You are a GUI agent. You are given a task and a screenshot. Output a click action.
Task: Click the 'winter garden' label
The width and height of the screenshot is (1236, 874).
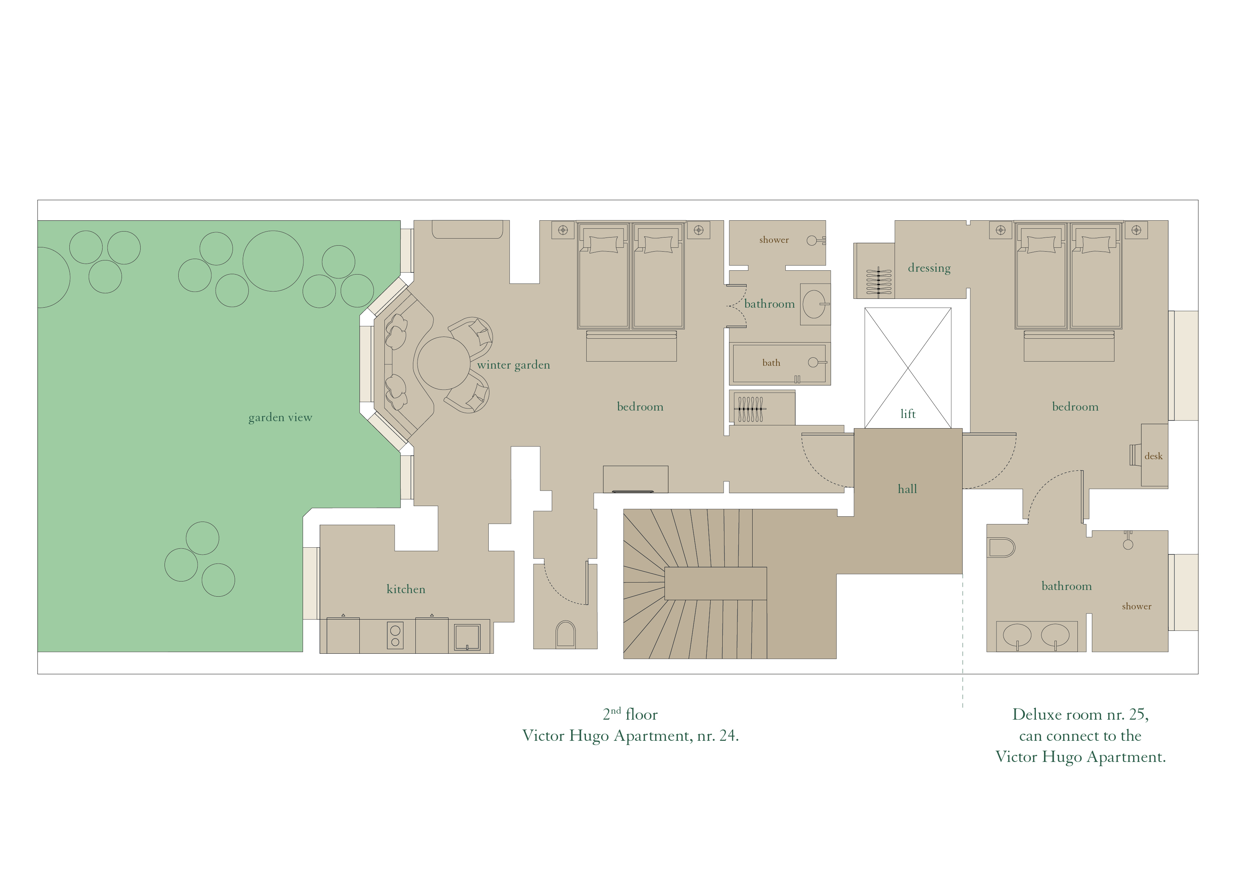coord(514,365)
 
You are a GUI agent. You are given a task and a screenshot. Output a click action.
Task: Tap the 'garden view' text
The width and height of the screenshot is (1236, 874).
coord(280,417)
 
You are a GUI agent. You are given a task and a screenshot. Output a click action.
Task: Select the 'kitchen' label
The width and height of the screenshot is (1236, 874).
coord(406,589)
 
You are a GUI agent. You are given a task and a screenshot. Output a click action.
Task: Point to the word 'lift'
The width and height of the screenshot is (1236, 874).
coord(908,414)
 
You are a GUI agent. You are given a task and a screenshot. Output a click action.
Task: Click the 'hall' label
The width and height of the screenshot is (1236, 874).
coord(907,489)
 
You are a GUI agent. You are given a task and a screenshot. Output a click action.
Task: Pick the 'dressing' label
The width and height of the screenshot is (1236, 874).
coord(929,268)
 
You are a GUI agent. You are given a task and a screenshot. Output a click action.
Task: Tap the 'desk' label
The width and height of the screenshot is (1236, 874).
coord(1153,456)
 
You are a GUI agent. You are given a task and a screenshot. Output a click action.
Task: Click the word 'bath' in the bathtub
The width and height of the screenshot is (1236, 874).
coord(771,363)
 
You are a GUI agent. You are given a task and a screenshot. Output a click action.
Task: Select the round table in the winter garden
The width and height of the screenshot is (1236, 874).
coord(444,363)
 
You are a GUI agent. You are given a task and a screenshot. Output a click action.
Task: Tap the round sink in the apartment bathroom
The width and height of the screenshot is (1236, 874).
coord(814,304)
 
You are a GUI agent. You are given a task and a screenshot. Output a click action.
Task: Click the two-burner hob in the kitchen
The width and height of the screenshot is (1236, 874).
coord(395,635)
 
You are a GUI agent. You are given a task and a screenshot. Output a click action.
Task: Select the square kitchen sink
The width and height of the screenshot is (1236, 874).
coord(467,637)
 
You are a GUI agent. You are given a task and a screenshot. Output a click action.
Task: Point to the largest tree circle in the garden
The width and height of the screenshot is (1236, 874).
coord(273,261)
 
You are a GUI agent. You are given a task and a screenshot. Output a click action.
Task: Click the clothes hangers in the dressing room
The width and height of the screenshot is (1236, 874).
coord(878,282)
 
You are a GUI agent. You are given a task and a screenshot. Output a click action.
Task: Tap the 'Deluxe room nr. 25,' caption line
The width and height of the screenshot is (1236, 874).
coord(1080,715)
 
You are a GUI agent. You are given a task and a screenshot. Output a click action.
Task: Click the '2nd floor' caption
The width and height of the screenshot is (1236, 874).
coord(630,714)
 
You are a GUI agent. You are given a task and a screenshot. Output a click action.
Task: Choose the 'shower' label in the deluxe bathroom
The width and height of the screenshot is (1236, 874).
coord(1136,607)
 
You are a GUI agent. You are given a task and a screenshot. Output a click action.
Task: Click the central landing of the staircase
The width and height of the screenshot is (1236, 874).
coord(716,583)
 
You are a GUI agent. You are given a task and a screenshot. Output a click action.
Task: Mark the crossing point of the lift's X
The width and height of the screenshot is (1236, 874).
coord(908,368)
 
